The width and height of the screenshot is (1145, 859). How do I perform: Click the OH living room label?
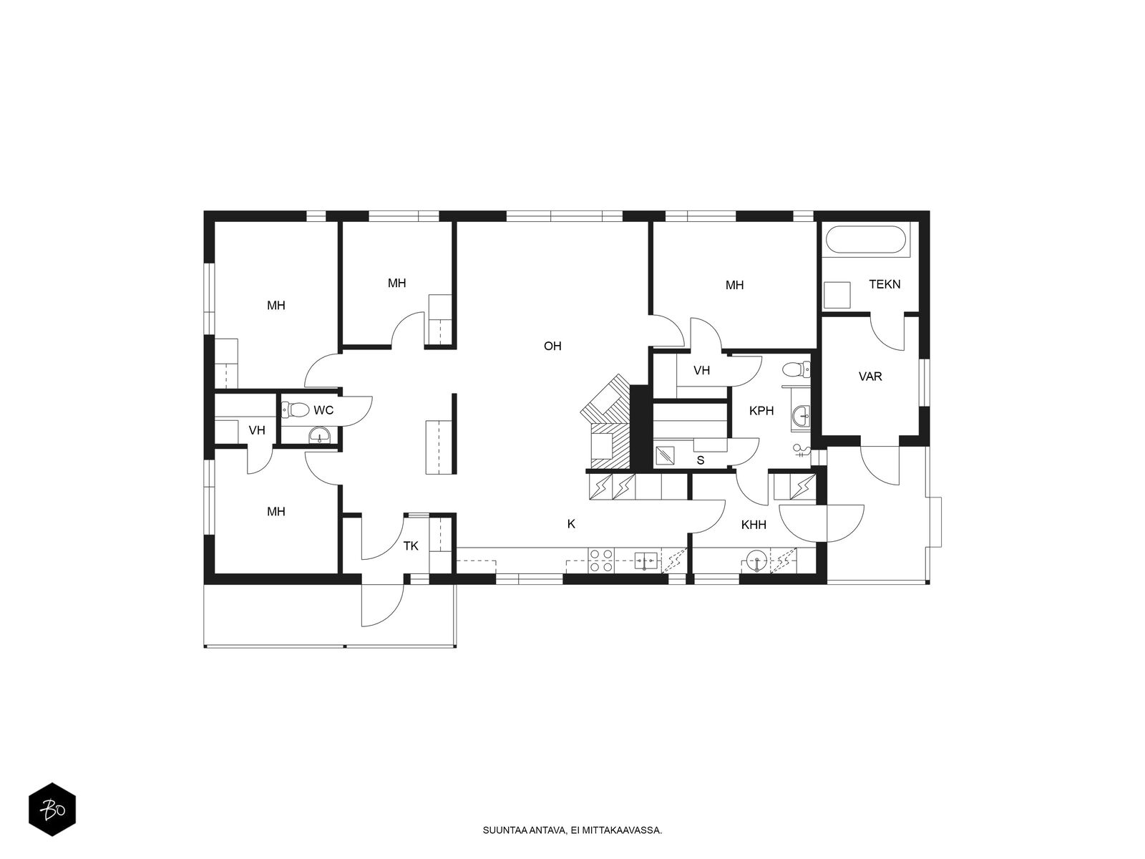point(552,346)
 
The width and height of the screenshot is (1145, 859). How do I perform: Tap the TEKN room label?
point(885,284)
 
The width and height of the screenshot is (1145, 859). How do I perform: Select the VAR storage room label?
point(870,376)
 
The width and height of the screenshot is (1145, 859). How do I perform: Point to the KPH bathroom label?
point(761,411)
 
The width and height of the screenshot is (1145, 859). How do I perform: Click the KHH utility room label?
point(754,525)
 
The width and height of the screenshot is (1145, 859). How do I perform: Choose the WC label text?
point(323,410)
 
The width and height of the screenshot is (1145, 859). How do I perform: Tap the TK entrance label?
point(411,546)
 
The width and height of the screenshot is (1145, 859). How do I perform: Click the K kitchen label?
point(571,524)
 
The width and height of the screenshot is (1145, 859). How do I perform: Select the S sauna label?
point(701,460)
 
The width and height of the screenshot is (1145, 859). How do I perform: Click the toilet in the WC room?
point(294,409)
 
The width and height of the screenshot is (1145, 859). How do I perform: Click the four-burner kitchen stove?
point(601,560)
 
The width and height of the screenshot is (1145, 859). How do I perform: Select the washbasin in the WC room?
point(318,435)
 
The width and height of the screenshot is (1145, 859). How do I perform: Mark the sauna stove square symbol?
point(665,455)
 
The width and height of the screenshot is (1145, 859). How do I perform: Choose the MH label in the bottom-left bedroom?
point(276,512)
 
